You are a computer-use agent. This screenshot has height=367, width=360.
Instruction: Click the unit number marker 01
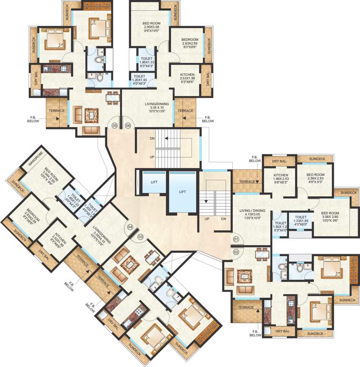(x=236, y=238)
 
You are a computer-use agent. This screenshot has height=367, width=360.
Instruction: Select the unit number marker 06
(x=128, y=125)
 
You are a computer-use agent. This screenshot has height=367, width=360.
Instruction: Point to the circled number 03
(x=141, y=237)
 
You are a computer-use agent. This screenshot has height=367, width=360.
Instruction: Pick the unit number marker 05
(x=114, y=125)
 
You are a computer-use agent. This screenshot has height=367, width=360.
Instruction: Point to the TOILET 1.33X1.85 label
(x=300, y=220)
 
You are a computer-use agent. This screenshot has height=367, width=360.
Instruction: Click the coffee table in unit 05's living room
(x=90, y=114)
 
